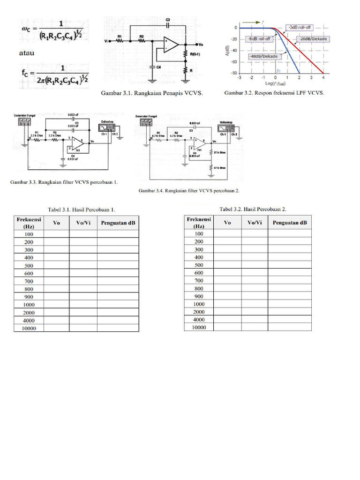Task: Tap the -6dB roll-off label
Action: click(x=260, y=38)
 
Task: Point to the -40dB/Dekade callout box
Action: click(x=264, y=56)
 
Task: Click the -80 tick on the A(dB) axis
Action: click(x=232, y=73)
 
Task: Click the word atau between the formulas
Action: click(x=26, y=54)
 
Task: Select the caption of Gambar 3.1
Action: click(x=152, y=93)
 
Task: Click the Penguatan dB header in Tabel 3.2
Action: click(x=290, y=223)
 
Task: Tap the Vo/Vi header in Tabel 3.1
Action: click(x=83, y=223)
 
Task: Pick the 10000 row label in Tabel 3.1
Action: click(x=29, y=329)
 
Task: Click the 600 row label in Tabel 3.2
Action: click(x=199, y=273)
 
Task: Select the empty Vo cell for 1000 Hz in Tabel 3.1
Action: click(x=57, y=305)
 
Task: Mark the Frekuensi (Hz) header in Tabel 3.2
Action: click(x=199, y=222)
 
